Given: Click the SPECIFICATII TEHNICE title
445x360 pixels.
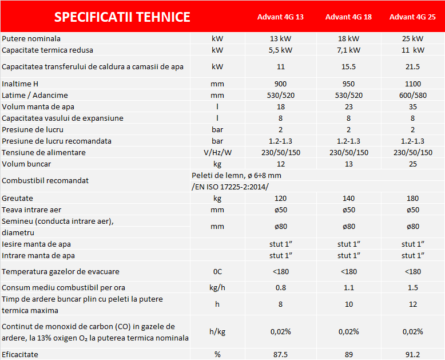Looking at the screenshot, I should click(x=122, y=17).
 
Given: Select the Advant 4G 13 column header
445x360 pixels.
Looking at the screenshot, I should click(x=280, y=17).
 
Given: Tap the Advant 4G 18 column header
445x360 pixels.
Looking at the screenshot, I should click(x=348, y=17).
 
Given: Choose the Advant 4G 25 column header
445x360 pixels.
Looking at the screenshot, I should click(x=412, y=17).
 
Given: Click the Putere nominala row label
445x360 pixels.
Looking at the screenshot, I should click(x=31, y=39).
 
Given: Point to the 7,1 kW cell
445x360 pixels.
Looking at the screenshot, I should click(x=348, y=50).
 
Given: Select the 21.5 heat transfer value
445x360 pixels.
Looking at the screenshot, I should click(x=412, y=67).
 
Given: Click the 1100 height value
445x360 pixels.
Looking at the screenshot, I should click(x=412, y=84).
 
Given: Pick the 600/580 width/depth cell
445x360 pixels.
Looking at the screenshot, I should click(x=412, y=96).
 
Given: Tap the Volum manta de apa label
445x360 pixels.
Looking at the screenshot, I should click(x=38, y=107).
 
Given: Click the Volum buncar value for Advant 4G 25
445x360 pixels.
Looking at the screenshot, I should click(x=412, y=164).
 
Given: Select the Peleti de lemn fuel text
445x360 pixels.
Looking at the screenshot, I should click(x=236, y=175).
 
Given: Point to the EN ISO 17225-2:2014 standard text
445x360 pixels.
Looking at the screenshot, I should click(x=231, y=187).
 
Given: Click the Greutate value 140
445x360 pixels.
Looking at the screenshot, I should click(x=348, y=199).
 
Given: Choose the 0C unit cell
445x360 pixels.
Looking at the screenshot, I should click(x=217, y=272).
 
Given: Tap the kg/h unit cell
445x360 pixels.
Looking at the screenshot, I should click(x=217, y=288).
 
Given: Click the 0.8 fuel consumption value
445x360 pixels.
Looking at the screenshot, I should click(x=280, y=288).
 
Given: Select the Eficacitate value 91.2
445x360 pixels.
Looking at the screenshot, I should click(x=412, y=355).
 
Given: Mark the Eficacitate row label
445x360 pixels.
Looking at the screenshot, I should click(x=20, y=355).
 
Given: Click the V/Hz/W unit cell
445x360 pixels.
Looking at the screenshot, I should click(x=217, y=153).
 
